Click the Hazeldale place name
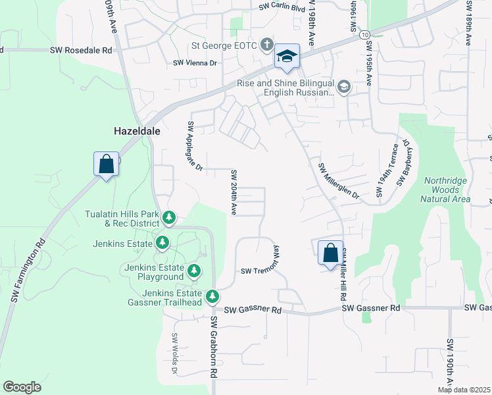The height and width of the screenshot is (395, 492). [x=138, y=131]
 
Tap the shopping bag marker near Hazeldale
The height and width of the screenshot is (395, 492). [x=107, y=165]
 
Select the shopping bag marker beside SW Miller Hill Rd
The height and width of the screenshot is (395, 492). [x=330, y=253]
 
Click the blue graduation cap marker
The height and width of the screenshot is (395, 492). [x=287, y=56]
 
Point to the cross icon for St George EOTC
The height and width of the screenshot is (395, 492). [x=266, y=45]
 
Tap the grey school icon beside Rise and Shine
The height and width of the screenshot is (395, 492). [x=343, y=87]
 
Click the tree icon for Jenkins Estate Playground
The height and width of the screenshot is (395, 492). [x=193, y=271]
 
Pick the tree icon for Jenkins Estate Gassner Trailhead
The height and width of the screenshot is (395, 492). [x=212, y=297]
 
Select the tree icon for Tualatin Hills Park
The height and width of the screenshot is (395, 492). [x=169, y=217]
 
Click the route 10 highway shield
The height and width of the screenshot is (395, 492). [x=364, y=34]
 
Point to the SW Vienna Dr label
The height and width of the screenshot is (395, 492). [x=195, y=63]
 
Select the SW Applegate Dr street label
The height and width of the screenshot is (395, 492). [x=195, y=145]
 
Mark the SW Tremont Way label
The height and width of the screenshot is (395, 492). [x=262, y=271]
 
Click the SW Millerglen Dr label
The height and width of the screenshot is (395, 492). [x=339, y=181]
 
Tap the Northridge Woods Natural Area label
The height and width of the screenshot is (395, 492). [x=447, y=190]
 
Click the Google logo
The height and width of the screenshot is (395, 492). [x=22, y=387]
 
